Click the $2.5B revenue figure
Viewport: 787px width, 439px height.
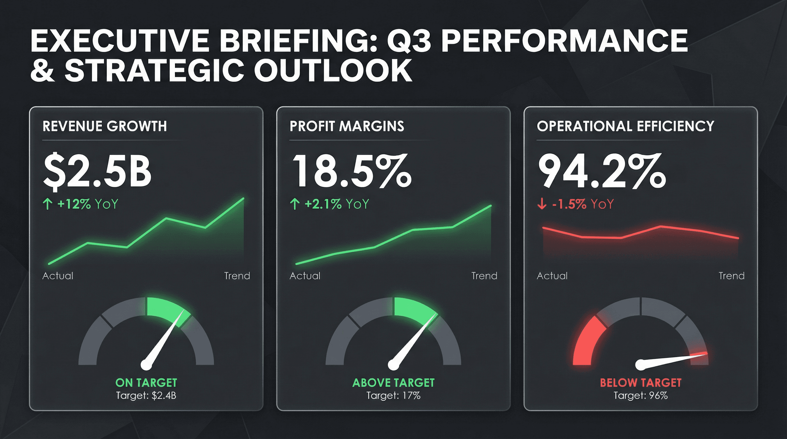[97, 171]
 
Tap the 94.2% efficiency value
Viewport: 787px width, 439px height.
[601, 171]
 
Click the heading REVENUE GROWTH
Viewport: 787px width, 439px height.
[105, 126]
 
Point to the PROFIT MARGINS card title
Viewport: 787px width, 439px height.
[347, 126]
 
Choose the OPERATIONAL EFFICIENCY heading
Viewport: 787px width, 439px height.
[625, 126]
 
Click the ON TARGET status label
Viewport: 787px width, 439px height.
[146, 383]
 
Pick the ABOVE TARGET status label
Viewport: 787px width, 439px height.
[393, 383]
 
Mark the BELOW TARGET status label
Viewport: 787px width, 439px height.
[641, 383]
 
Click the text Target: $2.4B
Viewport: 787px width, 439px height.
[146, 396]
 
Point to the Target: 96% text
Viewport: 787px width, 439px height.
[641, 396]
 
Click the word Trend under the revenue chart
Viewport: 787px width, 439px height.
[237, 276]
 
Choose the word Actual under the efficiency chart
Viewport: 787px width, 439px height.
[552, 276]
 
